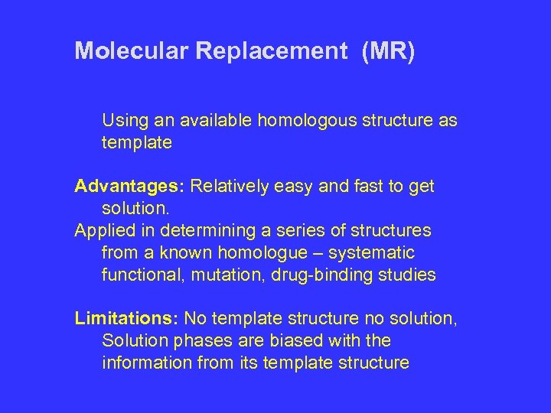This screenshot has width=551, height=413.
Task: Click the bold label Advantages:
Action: [129, 187]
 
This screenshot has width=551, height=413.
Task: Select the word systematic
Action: [373, 252]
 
